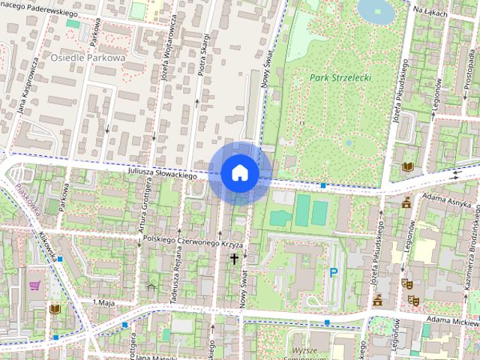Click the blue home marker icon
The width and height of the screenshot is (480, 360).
click(238, 172)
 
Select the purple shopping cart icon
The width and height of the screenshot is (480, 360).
click(34, 285)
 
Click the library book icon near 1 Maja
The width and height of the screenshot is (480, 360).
click(54, 308)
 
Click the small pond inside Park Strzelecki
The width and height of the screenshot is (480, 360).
click(349, 141)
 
